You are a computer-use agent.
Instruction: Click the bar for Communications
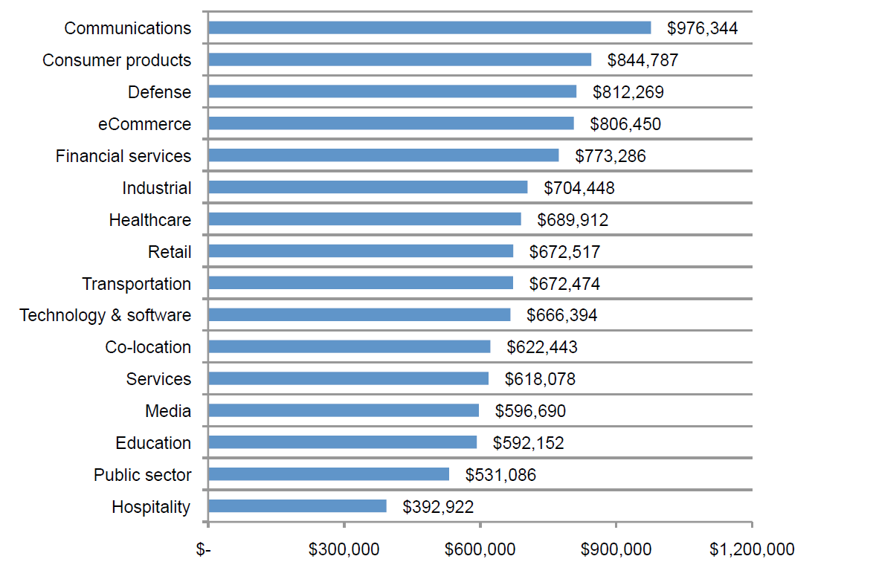coord(429,28)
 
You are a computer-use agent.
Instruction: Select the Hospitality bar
coord(297,506)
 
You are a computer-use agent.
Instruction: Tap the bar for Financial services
coord(383,155)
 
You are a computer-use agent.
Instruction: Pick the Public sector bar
coord(329,474)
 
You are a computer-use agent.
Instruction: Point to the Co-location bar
coord(350,346)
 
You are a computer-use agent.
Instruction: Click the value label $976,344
coord(702,28)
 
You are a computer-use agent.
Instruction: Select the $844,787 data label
coord(642,60)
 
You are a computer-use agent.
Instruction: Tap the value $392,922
coord(438,507)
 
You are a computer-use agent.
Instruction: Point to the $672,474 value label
coord(564,284)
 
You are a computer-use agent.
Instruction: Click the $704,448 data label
coord(579,188)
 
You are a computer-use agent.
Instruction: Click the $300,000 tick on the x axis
coord(344,549)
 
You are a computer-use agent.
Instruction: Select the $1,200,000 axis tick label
coord(751,549)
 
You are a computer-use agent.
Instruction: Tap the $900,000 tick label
coord(616,549)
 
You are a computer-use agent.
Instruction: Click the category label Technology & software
coord(105,315)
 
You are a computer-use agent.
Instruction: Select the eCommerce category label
coord(144,124)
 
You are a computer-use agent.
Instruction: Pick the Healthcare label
coord(149,220)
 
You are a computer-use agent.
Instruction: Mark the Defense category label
coord(159,92)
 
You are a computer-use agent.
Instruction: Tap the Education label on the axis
coord(153,443)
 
